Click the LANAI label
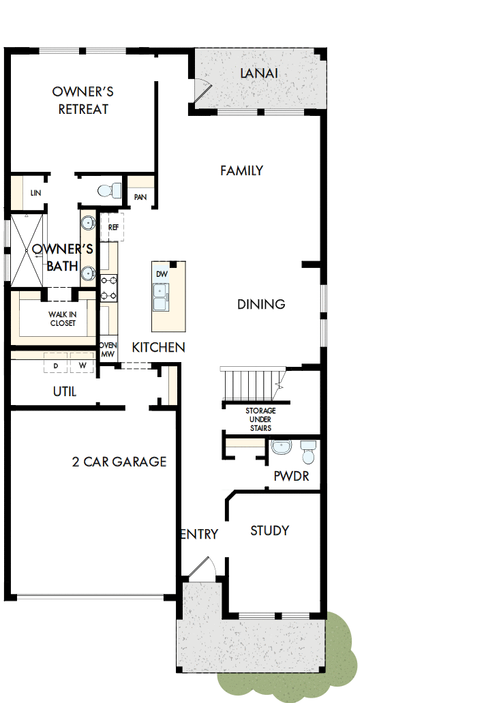[259, 73]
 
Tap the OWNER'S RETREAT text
[83, 100]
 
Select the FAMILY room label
[241, 170]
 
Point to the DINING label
[261, 304]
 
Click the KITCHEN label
[158, 347]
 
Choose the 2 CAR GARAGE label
[119, 462]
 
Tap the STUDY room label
[269, 530]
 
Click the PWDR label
[291, 476]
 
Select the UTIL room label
[65, 391]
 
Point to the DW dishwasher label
[162, 274]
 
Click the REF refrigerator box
[112, 227]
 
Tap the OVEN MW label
[108, 350]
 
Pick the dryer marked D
[56, 365]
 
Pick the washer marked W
[82, 365]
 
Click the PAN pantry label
[140, 197]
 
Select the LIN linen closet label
[36, 194]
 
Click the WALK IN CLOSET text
[62, 318]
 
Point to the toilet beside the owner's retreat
[109, 190]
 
